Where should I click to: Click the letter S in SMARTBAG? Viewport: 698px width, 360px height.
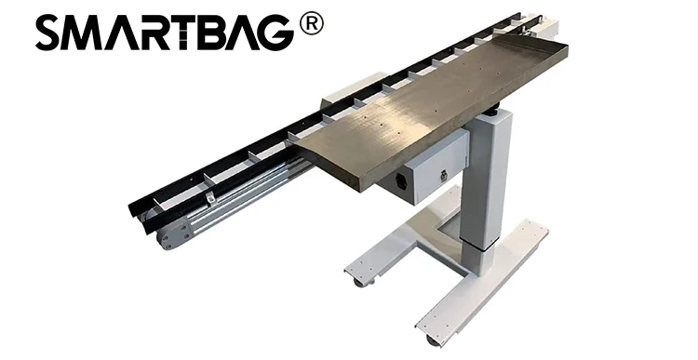tap(52, 34)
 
